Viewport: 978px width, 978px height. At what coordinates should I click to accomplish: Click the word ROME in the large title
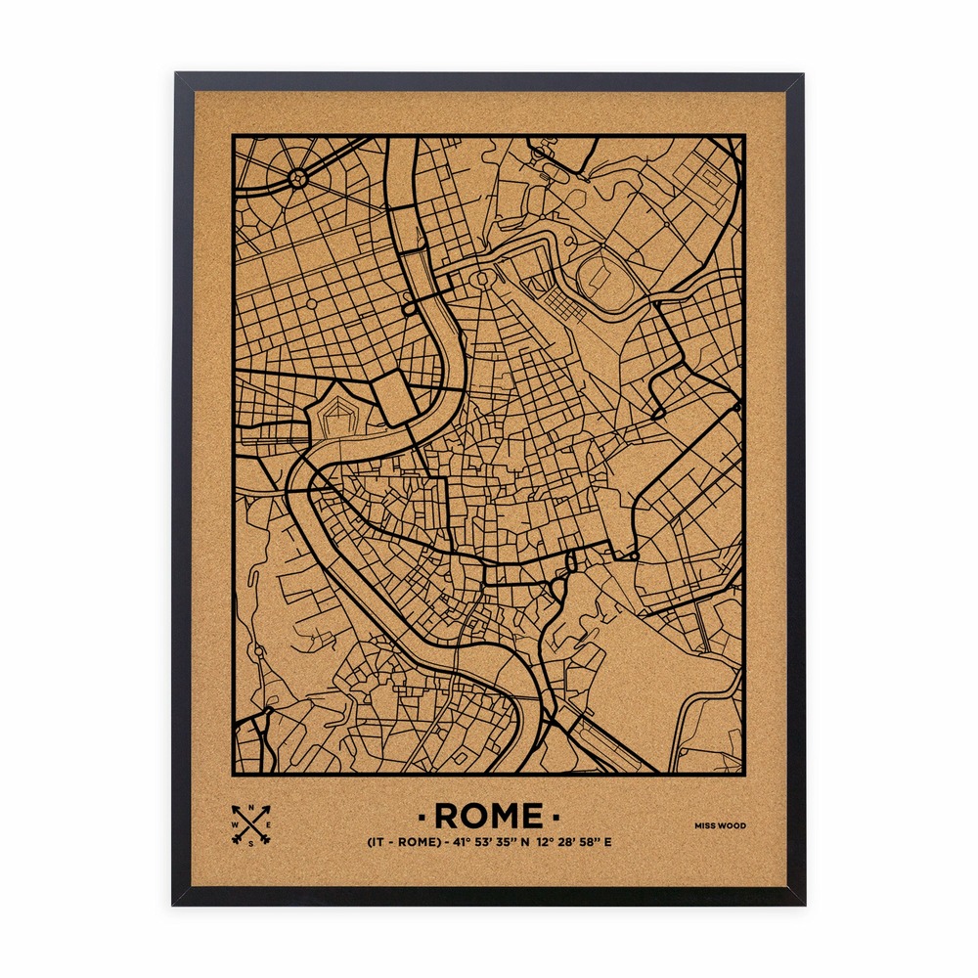(488, 815)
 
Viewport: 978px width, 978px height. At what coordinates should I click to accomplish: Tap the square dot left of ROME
(421, 815)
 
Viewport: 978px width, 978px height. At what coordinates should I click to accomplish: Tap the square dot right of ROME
(556, 815)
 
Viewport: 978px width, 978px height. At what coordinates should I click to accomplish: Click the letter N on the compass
(252, 808)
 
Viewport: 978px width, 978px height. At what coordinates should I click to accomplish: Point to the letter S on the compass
(252, 843)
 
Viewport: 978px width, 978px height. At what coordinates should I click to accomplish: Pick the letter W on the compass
(234, 825)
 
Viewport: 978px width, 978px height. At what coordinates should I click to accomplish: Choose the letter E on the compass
(269, 825)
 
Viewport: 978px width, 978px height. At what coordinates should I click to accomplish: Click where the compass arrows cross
(251, 825)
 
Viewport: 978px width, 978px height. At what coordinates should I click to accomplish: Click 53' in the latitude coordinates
(483, 842)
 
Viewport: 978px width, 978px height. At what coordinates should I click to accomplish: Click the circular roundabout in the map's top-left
(298, 178)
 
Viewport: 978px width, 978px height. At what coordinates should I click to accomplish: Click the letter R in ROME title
(448, 815)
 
